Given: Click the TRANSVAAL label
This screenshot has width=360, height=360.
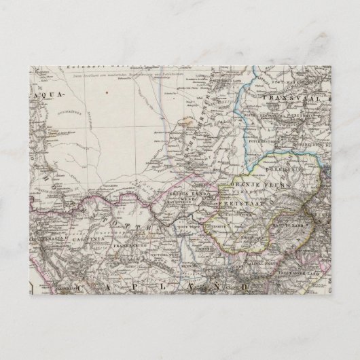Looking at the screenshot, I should (x=288, y=98).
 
